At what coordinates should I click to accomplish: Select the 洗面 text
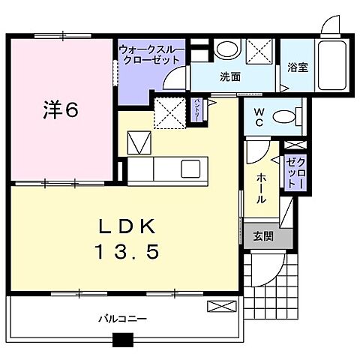tap(229, 76)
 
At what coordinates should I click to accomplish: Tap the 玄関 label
tap(263, 235)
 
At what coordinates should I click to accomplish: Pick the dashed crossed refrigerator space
tap(169, 114)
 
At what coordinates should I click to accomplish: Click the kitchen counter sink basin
tap(190, 166)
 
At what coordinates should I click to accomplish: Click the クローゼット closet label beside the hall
tap(294, 173)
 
